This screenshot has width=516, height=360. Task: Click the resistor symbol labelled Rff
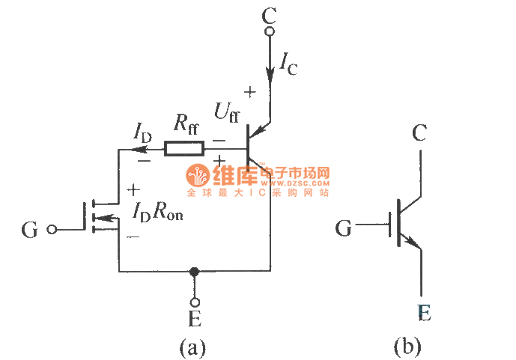[183, 148]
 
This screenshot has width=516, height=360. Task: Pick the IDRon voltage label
[157, 213]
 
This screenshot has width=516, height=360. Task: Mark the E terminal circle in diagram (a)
[195, 302]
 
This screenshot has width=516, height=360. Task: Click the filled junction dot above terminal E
[195, 271]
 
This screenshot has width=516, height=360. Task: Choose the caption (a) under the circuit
[192, 347]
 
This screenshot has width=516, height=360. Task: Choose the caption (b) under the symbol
[407, 346]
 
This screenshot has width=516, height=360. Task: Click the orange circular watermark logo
[198, 177]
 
